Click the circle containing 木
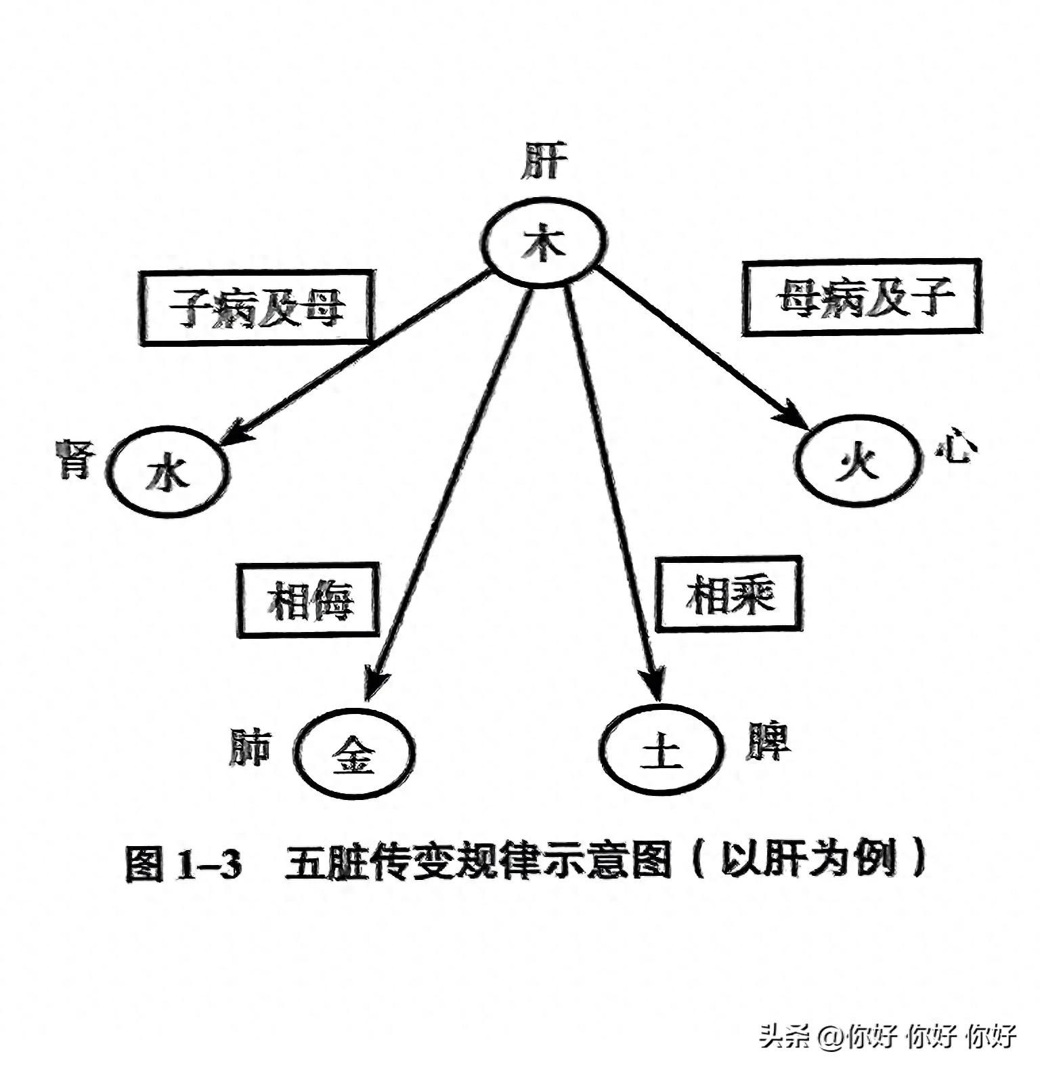[544, 242]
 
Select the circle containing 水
[167, 473]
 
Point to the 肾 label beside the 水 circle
[72, 459]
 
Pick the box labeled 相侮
[308, 599]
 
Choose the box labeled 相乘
[731, 594]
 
